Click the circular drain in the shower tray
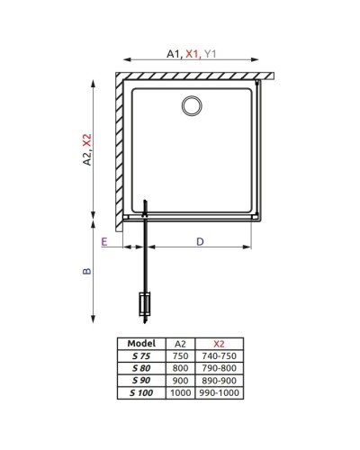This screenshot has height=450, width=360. (x=192, y=107)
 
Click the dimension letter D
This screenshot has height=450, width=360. (x=200, y=240)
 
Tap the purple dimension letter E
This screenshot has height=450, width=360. (x=105, y=242)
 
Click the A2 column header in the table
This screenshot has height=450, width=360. (x=179, y=343)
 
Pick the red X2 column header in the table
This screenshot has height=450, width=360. (x=219, y=343)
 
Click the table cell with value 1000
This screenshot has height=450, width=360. (x=179, y=392)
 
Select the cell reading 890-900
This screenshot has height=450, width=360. (x=219, y=380)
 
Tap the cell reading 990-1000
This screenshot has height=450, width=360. (x=219, y=392)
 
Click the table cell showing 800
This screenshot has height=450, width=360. (x=179, y=367)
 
